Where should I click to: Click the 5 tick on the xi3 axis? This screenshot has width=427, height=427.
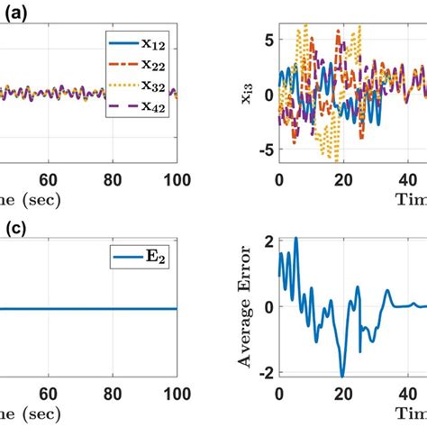[x=267, y=40]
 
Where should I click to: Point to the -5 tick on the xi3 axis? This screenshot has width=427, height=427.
[x=263, y=150]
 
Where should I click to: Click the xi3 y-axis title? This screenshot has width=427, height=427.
[x=246, y=94]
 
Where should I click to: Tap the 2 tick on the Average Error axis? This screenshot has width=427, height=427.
[x=267, y=241]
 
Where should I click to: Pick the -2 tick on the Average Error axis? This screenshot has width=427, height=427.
[x=263, y=373]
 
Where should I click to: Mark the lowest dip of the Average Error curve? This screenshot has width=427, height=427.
[x=342, y=376]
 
